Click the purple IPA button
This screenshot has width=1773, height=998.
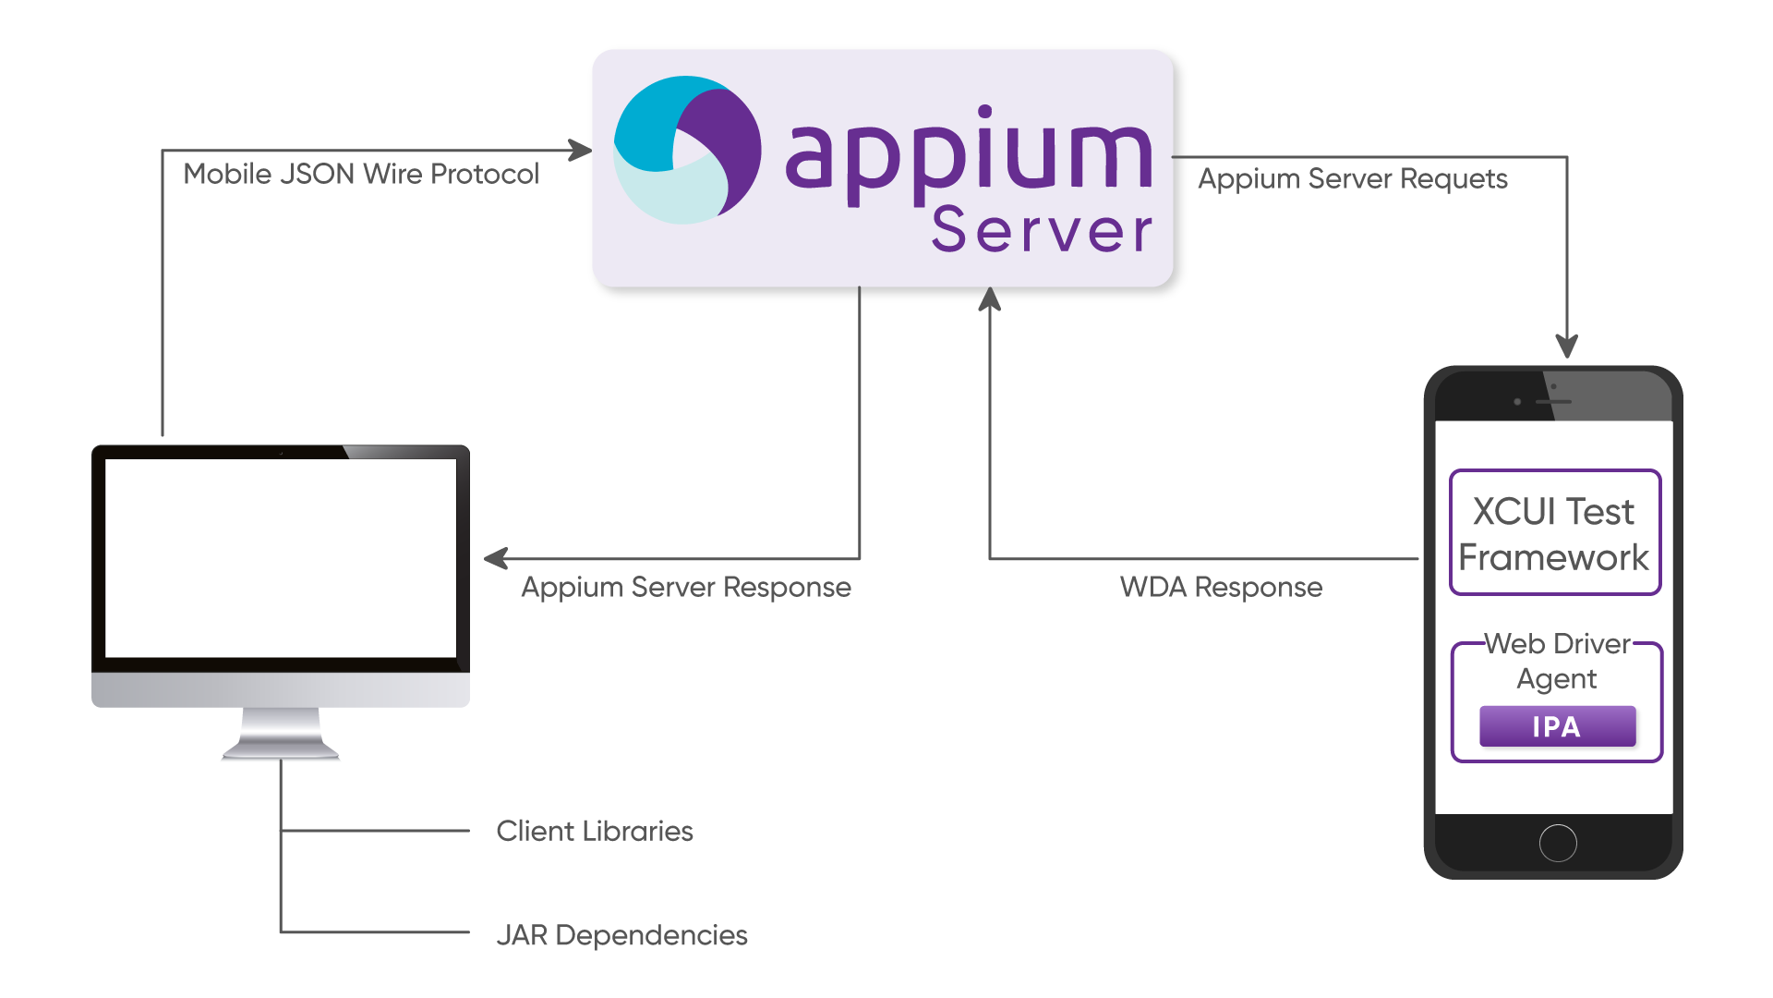click(x=1557, y=726)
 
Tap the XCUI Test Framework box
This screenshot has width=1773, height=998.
click(x=1554, y=533)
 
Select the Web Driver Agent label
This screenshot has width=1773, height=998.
click(x=1557, y=661)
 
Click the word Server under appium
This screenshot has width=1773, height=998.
click(x=1042, y=230)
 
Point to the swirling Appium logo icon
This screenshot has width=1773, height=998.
click(x=687, y=150)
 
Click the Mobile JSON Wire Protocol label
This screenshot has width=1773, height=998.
click(x=361, y=174)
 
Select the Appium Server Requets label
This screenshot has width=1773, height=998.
click(x=1352, y=178)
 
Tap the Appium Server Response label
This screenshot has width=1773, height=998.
click(x=685, y=587)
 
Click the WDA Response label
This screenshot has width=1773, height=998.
click(x=1221, y=587)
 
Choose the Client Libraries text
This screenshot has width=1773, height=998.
click(x=594, y=831)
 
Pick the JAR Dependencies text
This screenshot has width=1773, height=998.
click(x=621, y=935)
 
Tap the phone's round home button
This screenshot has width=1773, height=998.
click(x=1558, y=843)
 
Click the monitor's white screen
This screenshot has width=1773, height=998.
click(x=281, y=558)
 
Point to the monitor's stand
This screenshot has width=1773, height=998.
click(x=281, y=736)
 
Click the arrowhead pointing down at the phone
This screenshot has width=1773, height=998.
click(x=1566, y=347)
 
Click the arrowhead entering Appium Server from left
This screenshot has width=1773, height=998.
click(x=580, y=150)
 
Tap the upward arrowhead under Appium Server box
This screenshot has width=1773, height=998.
click(x=989, y=298)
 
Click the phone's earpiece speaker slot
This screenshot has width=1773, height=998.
click(x=1553, y=402)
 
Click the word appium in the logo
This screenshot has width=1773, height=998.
click(x=968, y=152)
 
